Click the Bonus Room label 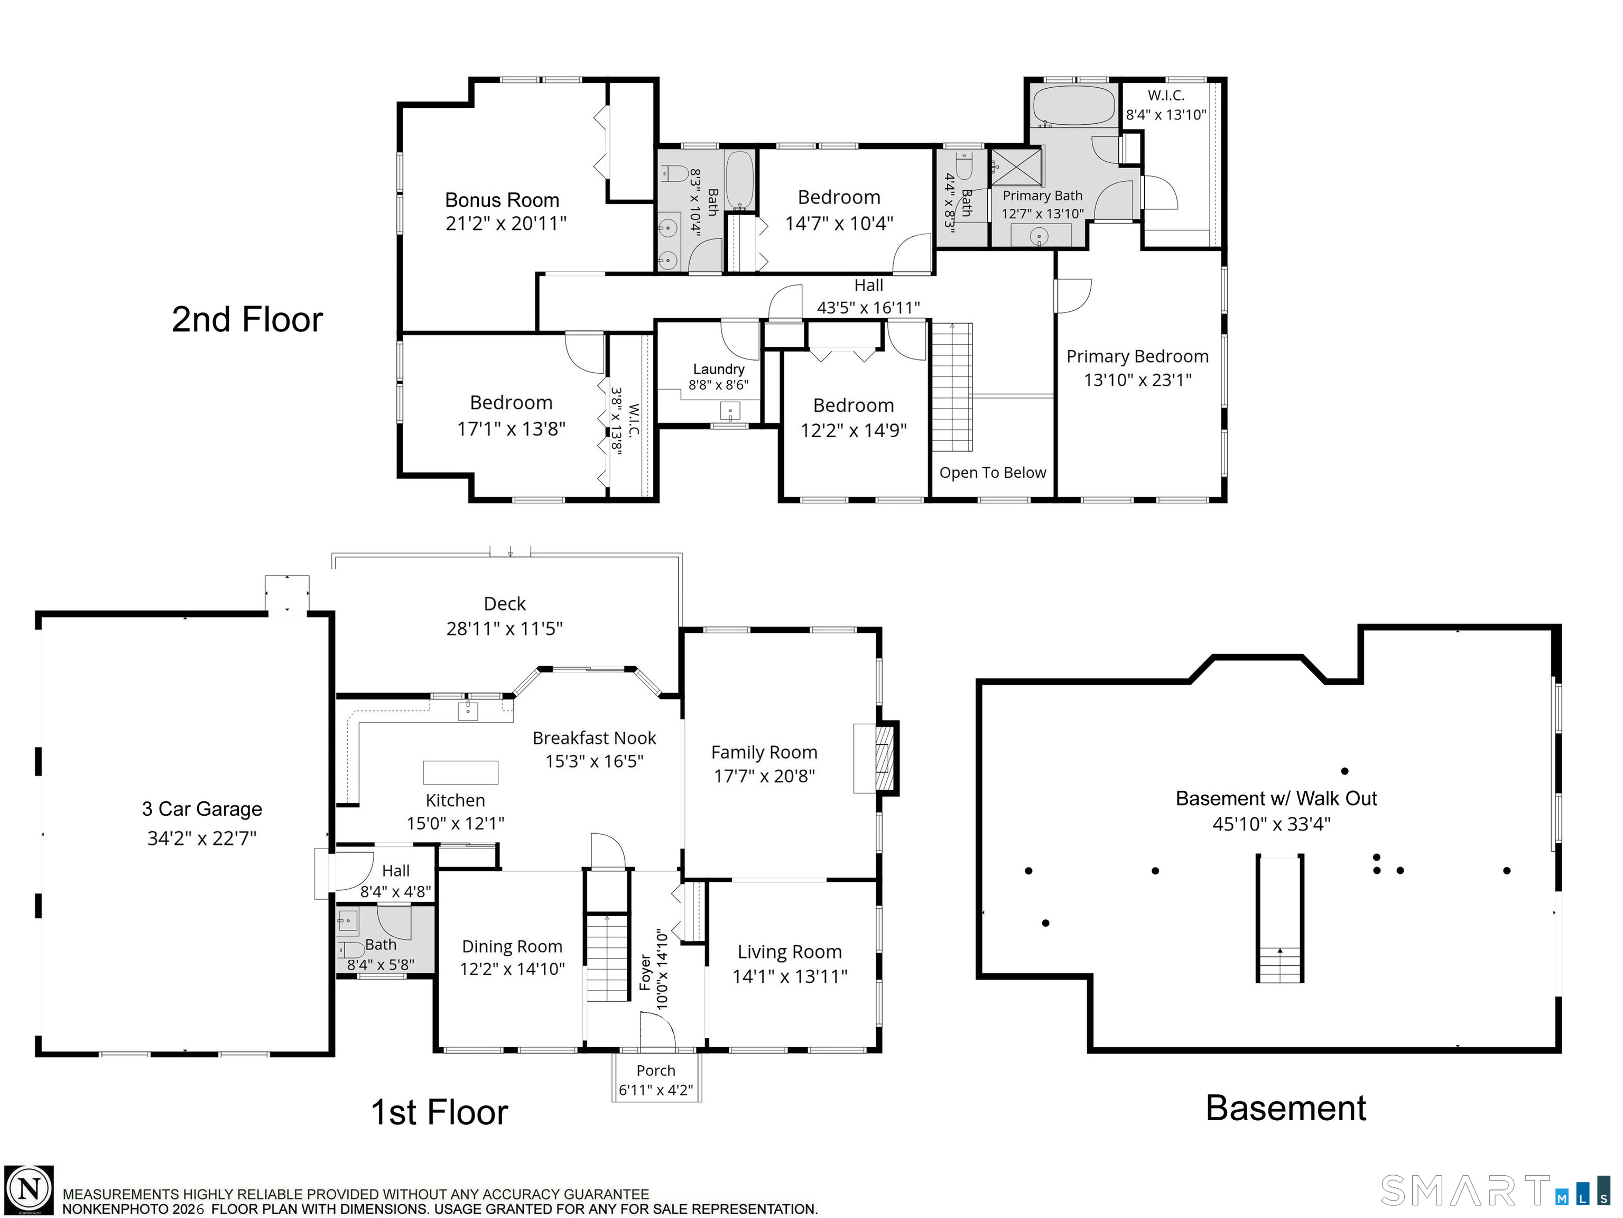click(x=502, y=200)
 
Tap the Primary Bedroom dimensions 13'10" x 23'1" click(x=1137, y=380)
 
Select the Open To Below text click(x=992, y=473)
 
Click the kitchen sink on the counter click(x=467, y=710)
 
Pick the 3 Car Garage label click(x=202, y=809)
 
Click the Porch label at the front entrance click(x=655, y=1071)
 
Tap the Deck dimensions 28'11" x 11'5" click(x=504, y=629)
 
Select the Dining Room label click(x=512, y=946)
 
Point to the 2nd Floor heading click(x=247, y=320)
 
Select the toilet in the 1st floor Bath click(x=351, y=950)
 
